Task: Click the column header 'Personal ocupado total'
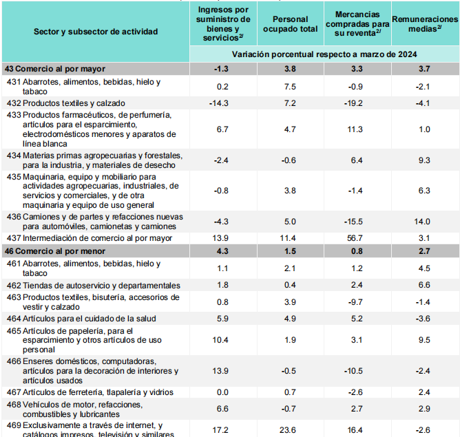coord(290,24)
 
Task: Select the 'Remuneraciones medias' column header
coord(425,25)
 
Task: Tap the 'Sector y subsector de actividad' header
coord(96,31)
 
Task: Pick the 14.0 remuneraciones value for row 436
coord(424,222)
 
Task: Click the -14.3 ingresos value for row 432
coord(222,103)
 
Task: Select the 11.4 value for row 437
coord(290,238)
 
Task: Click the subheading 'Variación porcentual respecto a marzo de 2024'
coord(324,54)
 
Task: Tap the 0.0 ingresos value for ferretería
coord(222,392)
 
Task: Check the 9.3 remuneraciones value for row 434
coord(424,160)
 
